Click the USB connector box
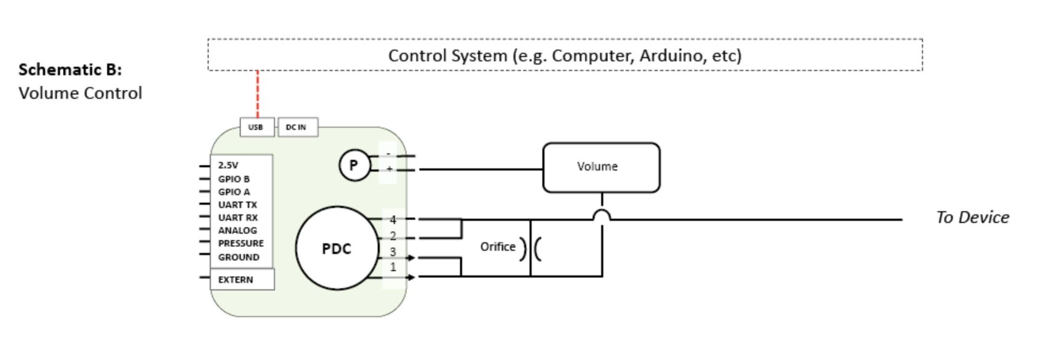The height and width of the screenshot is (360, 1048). pos(256,127)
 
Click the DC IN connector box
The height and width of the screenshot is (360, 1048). pos(298,127)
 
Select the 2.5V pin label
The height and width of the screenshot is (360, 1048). pos(228,165)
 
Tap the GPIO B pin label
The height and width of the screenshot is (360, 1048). pos(234,179)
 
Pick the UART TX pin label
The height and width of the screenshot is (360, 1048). pos(237,205)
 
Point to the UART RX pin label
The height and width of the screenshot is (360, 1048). pos(238,218)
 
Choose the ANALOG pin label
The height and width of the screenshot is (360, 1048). pos(237,231)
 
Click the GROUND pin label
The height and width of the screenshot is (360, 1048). pos(239,257)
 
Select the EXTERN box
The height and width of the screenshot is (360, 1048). pos(242,279)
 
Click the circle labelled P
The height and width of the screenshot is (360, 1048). pos(354,165)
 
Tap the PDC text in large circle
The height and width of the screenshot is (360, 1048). pos(337,249)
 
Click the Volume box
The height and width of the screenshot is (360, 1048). pos(600,167)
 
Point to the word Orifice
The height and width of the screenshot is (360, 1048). pos(497,247)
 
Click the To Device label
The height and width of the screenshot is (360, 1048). pos(972,218)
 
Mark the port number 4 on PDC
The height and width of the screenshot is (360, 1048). pos(393,219)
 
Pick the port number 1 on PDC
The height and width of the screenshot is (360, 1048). pos(393,268)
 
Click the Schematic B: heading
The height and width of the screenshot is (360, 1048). pos(70,70)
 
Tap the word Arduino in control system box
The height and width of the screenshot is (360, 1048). pos(672,55)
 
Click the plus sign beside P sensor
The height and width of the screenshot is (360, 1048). pos(389,168)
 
